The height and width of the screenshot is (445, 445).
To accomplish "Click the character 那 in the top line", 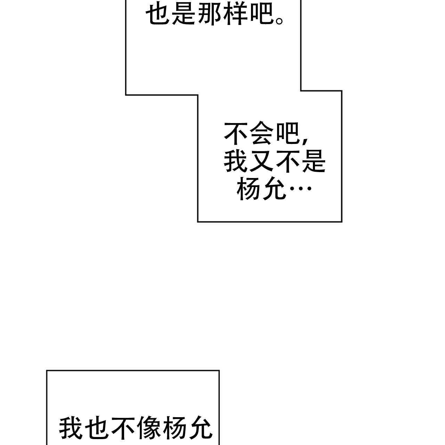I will click(211, 15).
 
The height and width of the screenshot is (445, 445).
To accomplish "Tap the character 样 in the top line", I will click(236, 15).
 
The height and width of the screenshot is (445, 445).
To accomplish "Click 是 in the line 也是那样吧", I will click(185, 15).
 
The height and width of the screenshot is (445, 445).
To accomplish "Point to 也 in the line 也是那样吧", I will click(159, 15).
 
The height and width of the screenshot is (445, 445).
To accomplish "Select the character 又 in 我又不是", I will click(262, 162).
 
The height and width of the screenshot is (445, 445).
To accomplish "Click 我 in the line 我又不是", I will click(236, 162).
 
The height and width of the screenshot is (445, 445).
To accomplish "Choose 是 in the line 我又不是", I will click(313, 162).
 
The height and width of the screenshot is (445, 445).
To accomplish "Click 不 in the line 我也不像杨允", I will click(123, 428).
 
